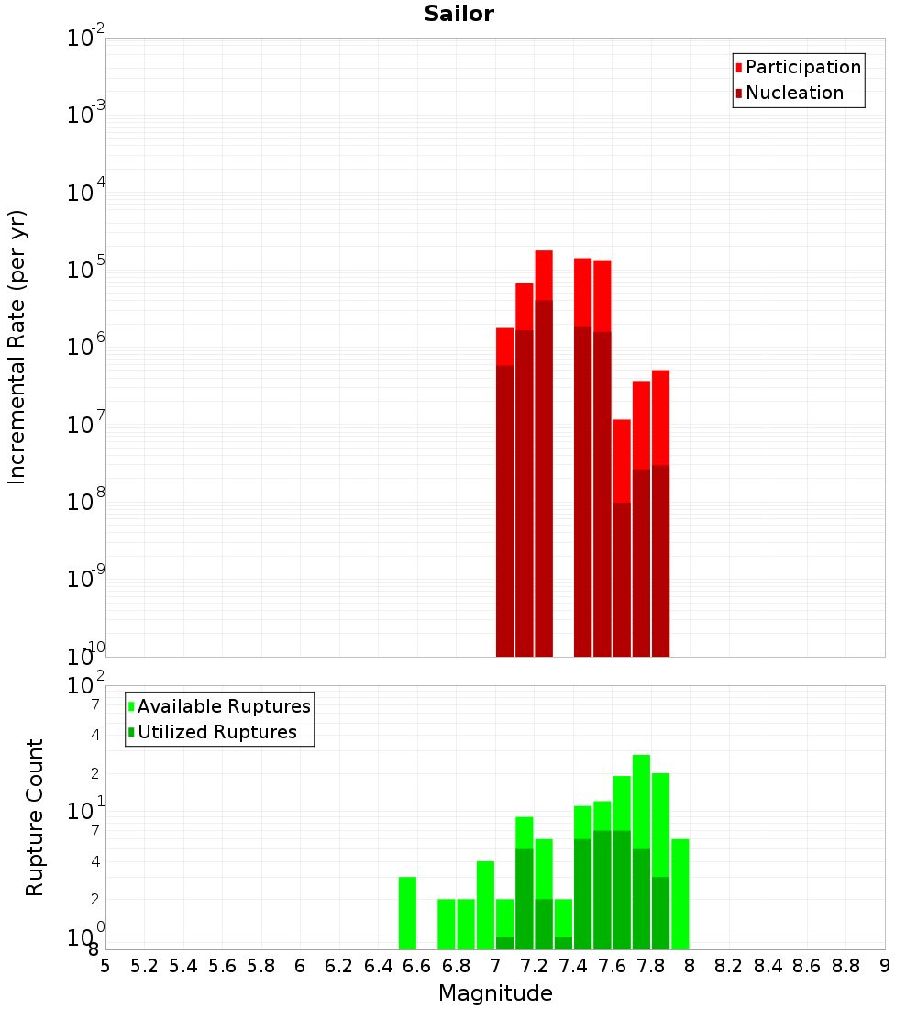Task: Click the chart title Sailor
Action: pos(458,14)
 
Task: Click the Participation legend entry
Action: pos(803,67)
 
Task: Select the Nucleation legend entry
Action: pos(794,93)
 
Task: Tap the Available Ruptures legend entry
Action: pos(224,706)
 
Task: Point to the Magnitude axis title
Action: pos(495,993)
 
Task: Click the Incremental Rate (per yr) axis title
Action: pos(17,347)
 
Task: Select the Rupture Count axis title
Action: pos(35,816)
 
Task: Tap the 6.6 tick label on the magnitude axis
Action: pos(417,966)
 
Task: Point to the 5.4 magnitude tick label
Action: pos(183,966)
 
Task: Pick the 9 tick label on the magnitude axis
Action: pos(885,966)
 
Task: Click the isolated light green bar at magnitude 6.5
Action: pos(407,913)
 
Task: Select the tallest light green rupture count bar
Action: pos(641,803)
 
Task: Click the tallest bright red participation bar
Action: pos(544,275)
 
